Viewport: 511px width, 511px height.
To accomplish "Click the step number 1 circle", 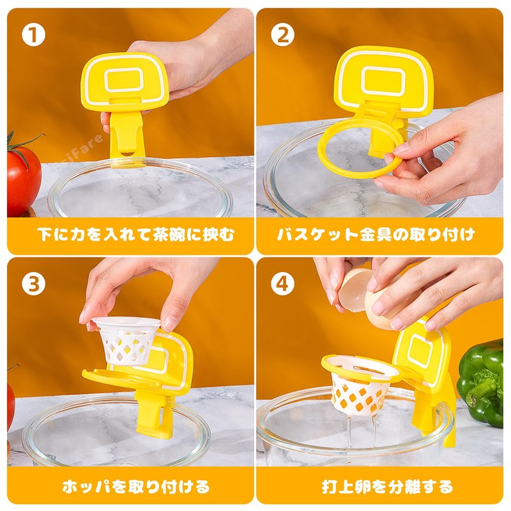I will coord(33,35).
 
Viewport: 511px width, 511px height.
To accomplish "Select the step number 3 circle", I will coord(33,284).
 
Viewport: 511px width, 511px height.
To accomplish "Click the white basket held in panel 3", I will coord(126,342).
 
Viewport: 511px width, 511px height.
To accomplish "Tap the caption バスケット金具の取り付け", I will coord(376,234).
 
